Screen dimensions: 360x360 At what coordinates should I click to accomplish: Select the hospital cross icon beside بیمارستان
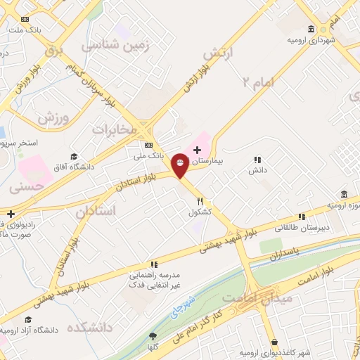point(197,149)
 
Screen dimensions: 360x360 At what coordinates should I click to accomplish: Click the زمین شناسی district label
point(116,44)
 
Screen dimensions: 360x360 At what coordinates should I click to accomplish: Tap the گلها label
point(153,347)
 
